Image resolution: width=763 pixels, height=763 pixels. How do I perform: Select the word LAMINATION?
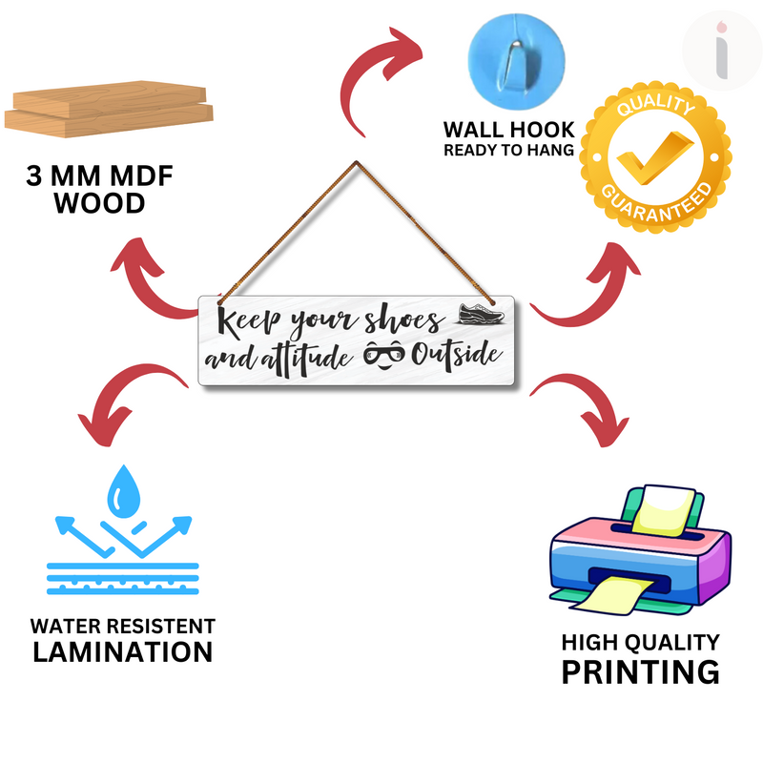pyautogui.click(x=122, y=652)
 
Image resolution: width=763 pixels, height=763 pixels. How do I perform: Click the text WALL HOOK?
pyautogui.click(x=508, y=130)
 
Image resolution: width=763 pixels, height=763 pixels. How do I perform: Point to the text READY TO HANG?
pyautogui.click(x=508, y=150)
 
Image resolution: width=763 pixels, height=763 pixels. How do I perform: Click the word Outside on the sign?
pyautogui.click(x=456, y=357)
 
